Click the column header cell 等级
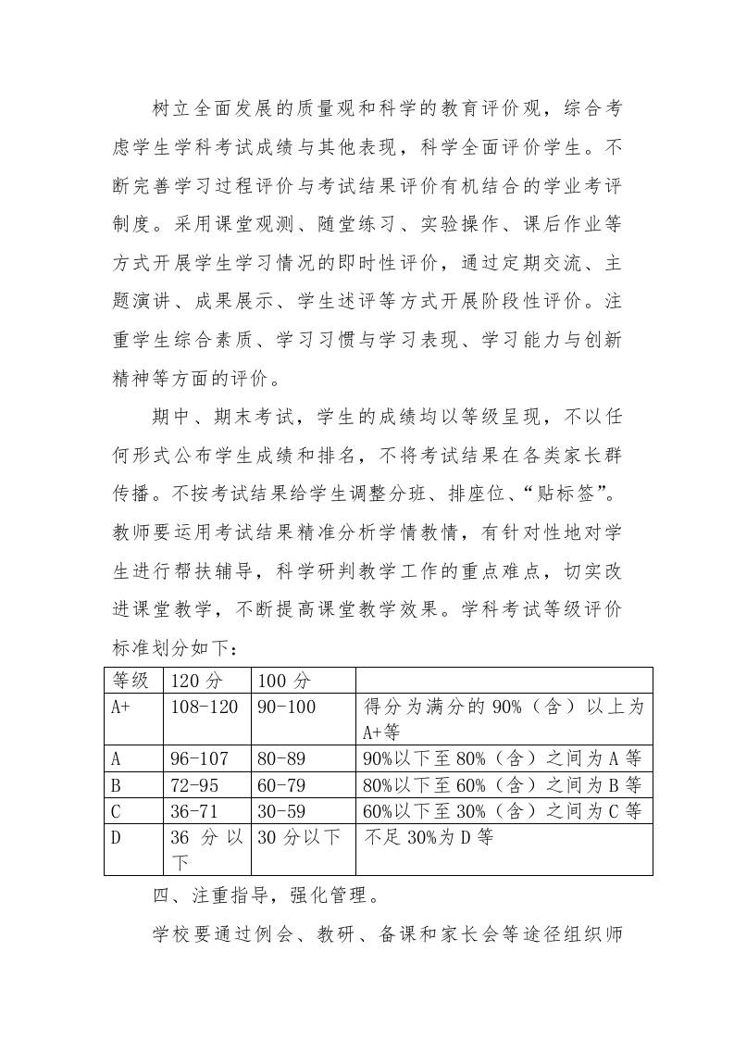pos(130,681)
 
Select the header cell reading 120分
pos(197,681)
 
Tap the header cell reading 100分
pos(285,681)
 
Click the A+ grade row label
pos(119,707)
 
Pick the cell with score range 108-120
pos(205,707)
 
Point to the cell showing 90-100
pos(286,707)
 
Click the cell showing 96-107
pos(199,758)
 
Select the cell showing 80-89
pos(281,758)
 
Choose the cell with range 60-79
pos(281,784)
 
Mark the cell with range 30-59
pos(281,811)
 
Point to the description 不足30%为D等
pos(428,838)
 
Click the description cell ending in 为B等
pos(502,784)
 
